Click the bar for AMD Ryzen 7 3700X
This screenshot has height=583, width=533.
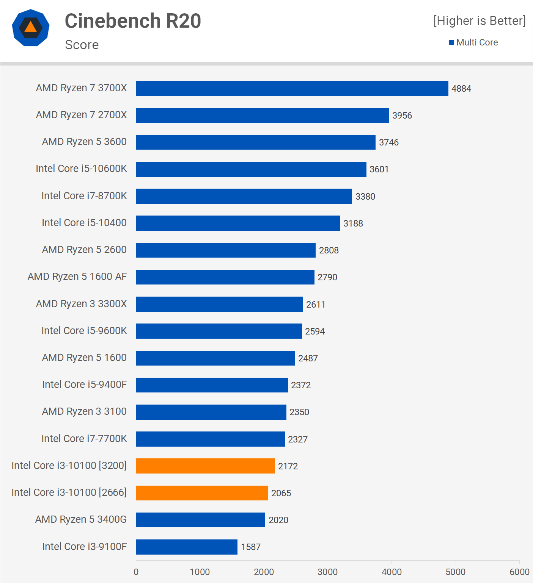tap(292, 88)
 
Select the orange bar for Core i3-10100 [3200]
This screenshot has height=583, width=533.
tap(205, 466)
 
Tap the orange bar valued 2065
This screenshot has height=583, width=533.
tap(202, 493)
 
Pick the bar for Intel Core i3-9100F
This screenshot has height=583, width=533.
tap(187, 547)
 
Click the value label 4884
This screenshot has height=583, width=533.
tap(461, 89)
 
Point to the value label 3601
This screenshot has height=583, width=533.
tap(379, 169)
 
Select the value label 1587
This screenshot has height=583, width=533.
tap(251, 547)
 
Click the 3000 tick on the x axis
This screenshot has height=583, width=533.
tap(327, 572)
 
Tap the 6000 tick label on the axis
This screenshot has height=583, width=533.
tap(519, 572)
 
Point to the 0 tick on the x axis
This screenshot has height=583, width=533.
tap(136, 572)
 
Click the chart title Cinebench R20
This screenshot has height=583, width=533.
tap(133, 21)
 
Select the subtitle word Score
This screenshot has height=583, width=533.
tap(82, 45)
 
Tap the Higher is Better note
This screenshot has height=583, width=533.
tap(480, 21)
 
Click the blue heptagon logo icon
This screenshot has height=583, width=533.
tap(31, 28)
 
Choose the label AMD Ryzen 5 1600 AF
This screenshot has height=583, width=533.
tap(77, 277)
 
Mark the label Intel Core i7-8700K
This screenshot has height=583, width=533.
tap(84, 196)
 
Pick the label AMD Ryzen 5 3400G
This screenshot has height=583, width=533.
tap(81, 519)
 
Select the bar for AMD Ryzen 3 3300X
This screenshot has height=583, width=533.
tap(219, 304)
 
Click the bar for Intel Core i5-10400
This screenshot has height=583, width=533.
tap(238, 223)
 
